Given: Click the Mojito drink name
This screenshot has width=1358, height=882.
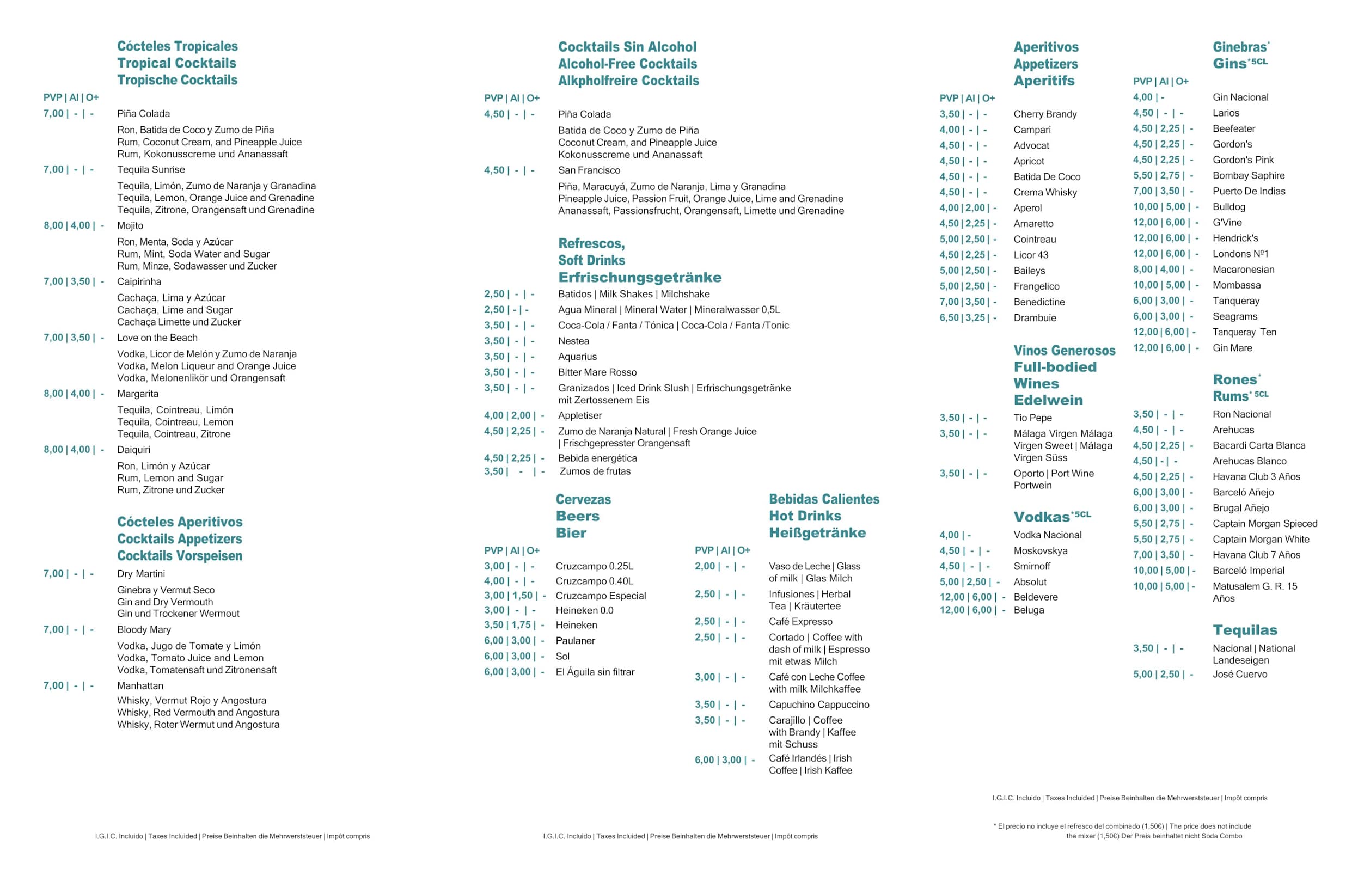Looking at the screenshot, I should (x=130, y=225).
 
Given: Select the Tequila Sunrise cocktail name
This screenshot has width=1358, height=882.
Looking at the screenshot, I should (x=151, y=169).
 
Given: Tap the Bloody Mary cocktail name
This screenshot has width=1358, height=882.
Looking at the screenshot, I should (x=144, y=629).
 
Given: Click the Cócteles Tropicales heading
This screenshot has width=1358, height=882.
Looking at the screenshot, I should (x=178, y=46).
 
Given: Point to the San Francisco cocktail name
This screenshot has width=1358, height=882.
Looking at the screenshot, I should (x=589, y=170).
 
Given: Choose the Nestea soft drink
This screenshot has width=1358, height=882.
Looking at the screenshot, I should (x=573, y=341).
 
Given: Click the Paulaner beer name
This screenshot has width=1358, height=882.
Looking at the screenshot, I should (x=575, y=641).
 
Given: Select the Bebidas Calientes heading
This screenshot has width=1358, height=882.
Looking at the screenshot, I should (x=824, y=499).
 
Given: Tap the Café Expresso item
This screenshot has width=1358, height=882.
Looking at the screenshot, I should (x=800, y=621).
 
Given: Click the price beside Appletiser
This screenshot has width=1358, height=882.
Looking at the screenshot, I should (x=513, y=415).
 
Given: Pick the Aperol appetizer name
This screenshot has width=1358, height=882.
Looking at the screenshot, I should (x=1027, y=207).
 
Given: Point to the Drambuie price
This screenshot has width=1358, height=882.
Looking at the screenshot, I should (x=968, y=318).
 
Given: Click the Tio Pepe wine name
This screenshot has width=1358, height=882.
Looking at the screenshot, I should (x=1033, y=418).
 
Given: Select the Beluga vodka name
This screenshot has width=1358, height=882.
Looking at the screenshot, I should (x=1029, y=610).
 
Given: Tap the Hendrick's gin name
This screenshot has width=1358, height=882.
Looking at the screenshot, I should (x=1235, y=238).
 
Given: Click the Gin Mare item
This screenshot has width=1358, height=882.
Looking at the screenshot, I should (x=1232, y=348).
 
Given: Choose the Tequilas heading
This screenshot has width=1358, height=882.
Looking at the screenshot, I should (x=1245, y=630).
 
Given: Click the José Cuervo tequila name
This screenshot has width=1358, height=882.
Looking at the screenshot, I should (x=1240, y=674).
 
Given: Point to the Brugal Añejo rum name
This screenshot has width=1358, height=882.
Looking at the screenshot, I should (x=1241, y=508).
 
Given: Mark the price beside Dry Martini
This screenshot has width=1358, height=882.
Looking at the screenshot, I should (x=68, y=573).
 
